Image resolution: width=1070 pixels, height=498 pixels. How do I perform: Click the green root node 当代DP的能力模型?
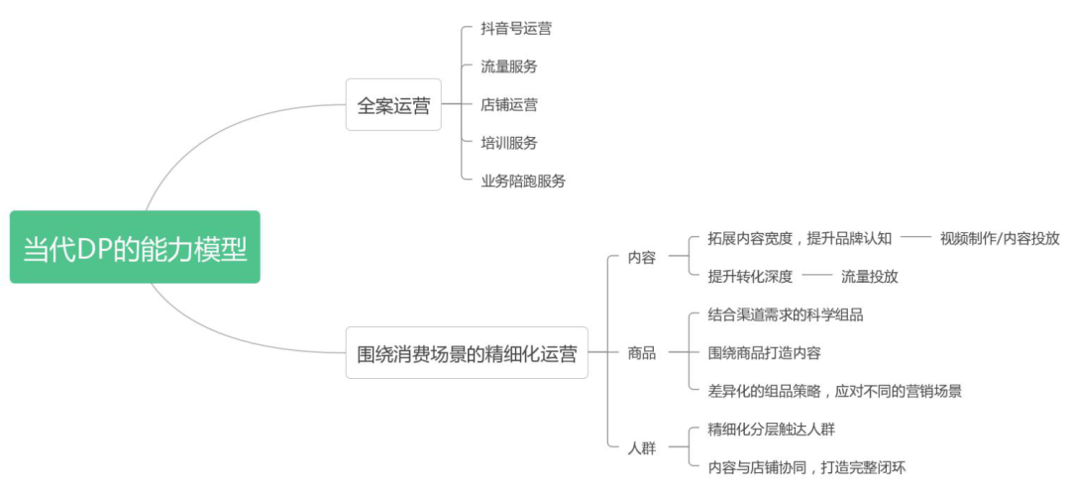135,247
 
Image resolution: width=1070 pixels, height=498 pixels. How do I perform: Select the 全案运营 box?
393,105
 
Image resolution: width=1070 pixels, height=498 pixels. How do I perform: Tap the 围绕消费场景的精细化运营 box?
467,352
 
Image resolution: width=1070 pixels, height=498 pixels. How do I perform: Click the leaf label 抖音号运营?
516,29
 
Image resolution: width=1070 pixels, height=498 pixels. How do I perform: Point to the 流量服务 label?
509,66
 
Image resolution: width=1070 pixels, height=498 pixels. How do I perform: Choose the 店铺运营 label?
509,104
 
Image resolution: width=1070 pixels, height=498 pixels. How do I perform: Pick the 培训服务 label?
509,143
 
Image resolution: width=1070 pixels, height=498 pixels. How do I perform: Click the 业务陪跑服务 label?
523,181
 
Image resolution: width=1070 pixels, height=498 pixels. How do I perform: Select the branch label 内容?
642,258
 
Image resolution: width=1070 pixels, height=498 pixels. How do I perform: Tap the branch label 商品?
642,352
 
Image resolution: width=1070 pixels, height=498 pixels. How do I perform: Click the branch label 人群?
642,447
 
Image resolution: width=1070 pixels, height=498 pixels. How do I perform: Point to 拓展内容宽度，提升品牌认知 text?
800,238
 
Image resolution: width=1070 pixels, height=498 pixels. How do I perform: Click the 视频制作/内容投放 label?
1000,238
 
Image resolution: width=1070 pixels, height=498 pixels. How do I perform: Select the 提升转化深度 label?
750,277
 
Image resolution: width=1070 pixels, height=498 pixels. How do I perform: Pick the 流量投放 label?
869,277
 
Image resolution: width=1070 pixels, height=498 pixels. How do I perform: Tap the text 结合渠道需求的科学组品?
786,314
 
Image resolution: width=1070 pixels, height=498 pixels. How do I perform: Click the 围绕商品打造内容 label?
764,352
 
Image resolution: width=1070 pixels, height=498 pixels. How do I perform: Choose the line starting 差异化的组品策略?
835,391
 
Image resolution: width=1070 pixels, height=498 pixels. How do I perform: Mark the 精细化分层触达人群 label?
778,429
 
